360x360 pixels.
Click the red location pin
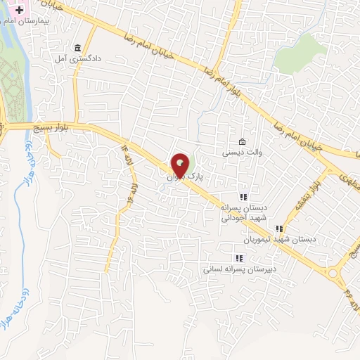coord(181,165)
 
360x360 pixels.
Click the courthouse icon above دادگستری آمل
coord(77,48)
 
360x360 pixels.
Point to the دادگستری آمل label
coord(75,58)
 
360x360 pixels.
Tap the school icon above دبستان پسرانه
coord(243,197)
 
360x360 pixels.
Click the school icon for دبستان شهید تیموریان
coord(279,228)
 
